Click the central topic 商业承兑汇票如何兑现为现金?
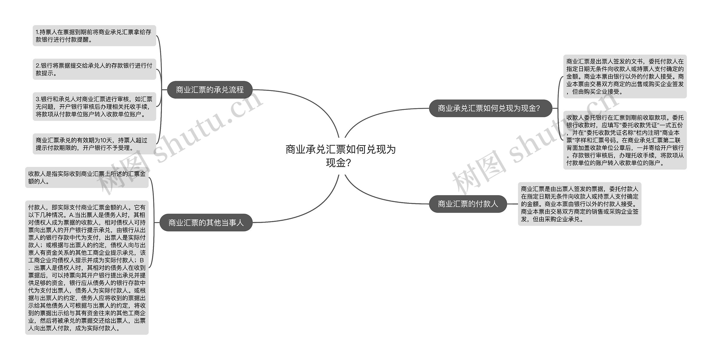(x=340, y=156)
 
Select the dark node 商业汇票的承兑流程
(x=210, y=90)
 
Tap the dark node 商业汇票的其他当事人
(x=206, y=223)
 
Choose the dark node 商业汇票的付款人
(x=468, y=204)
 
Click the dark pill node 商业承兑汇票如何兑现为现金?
(x=490, y=108)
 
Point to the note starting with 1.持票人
(x=94, y=36)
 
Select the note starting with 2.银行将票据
(x=94, y=69)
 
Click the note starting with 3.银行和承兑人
(x=94, y=107)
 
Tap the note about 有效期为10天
(x=94, y=144)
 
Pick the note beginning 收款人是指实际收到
(x=87, y=178)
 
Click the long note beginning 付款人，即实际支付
(x=87, y=267)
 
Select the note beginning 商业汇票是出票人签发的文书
(x=625, y=76)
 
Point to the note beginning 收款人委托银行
(x=625, y=140)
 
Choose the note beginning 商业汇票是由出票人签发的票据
(x=579, y=204)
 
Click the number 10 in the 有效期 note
(x=103, y=140)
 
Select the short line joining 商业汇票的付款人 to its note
(x=512, y=204)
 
